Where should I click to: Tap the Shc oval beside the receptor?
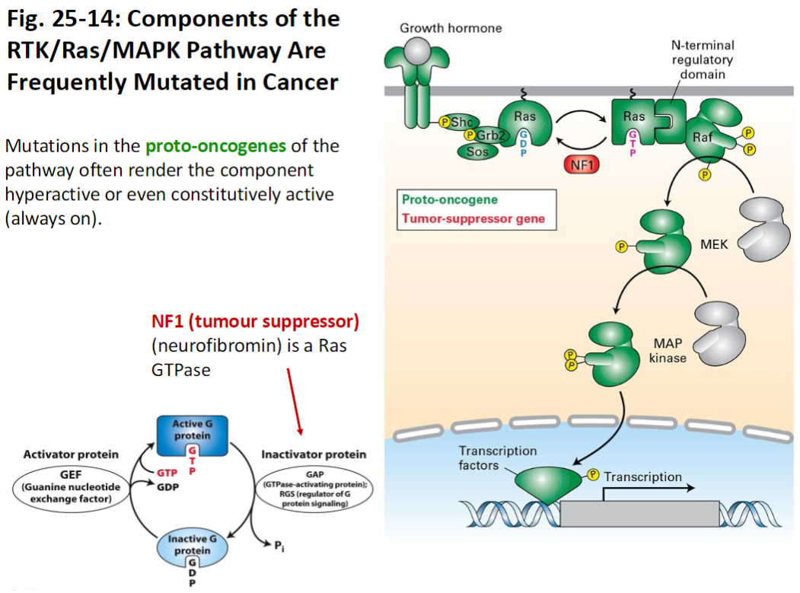[461, 122]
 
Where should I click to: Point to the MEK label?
[714, 245]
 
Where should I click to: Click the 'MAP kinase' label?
[668, 350]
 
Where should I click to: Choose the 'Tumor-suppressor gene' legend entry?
[473, 219]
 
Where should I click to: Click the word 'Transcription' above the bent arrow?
[642, 477]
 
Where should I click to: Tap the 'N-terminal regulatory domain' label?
[702, 60]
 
